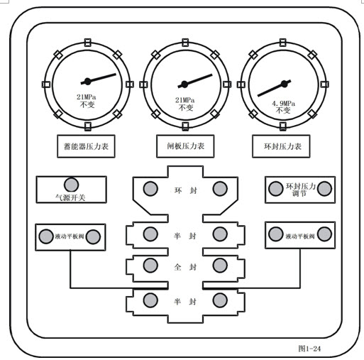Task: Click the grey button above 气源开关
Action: click(x=72, y=185)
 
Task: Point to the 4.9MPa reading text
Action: click(x=283, y=104)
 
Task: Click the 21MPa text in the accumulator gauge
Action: click(x=87, y=97)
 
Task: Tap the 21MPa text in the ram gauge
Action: click(x=185, y=100)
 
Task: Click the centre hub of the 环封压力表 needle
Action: click(x=285, y=84)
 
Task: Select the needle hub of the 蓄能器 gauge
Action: click(x=87, y=82)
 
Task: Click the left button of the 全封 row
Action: click(x=150, y=266)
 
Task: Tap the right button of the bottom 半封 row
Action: click(x=220, y=300)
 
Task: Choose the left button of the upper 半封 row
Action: click(x=150, y=234)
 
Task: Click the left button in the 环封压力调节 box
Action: click(x=276, y=189)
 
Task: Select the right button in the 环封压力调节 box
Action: click(x=324, y=189)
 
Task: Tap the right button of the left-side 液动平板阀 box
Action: click(x=93, y=236)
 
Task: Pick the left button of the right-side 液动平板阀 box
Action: click(x=276, y=234)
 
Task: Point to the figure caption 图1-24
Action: click(x=309, y=348)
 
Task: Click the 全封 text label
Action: click(x=185, y=267)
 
